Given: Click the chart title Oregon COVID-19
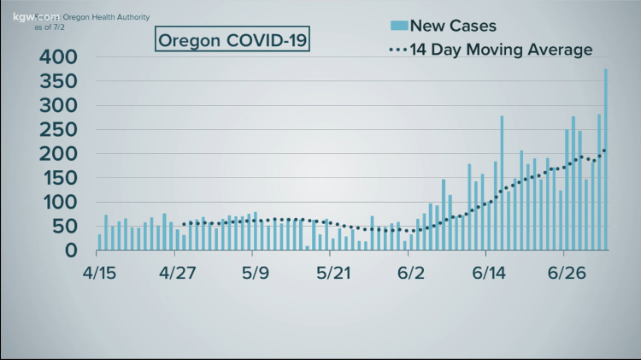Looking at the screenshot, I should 232,39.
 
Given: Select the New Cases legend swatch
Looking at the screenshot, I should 398,27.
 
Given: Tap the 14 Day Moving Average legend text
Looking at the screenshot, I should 501,50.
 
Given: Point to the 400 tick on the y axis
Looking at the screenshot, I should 57,57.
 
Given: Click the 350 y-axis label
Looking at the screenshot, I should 57,82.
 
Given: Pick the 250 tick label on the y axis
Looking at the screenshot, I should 57,131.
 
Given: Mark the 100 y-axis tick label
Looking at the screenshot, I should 57,204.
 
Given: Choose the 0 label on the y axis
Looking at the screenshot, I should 71,251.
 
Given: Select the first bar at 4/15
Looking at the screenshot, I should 100,242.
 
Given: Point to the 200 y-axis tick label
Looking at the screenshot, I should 57,155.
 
